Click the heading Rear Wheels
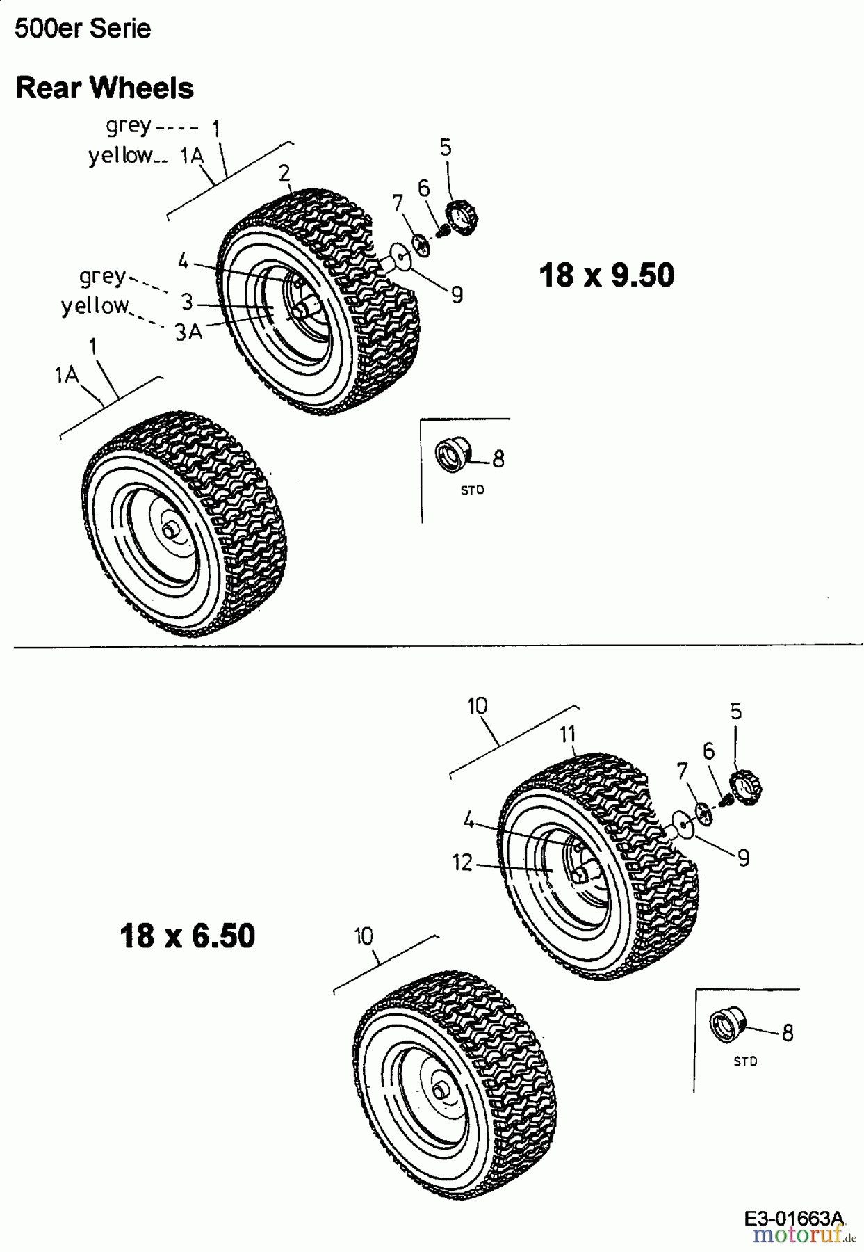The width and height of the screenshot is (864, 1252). pos(104,88)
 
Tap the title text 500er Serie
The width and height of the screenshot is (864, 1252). pos(82,29)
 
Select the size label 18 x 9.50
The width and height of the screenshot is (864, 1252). pos(606,275)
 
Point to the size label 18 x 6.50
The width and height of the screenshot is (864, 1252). pos(188,936)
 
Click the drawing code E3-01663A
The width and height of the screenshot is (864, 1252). pos(793,1218)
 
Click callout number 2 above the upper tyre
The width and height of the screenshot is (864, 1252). pos(284,173)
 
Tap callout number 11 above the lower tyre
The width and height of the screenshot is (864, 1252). pos(568,734)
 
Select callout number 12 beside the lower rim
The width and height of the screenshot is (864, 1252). pos(462,862)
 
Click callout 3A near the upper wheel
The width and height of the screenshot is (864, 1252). pos(188,332)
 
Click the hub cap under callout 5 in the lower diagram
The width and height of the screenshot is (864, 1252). pos(746,789)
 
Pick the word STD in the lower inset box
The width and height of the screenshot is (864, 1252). pos(744,1061)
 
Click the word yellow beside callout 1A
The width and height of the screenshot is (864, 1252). pos(120,156)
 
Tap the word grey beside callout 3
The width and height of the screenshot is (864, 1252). pos(103,277)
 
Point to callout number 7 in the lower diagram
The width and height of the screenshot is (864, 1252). pos(682,771)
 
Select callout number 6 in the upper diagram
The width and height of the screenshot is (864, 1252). pos(423,188)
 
